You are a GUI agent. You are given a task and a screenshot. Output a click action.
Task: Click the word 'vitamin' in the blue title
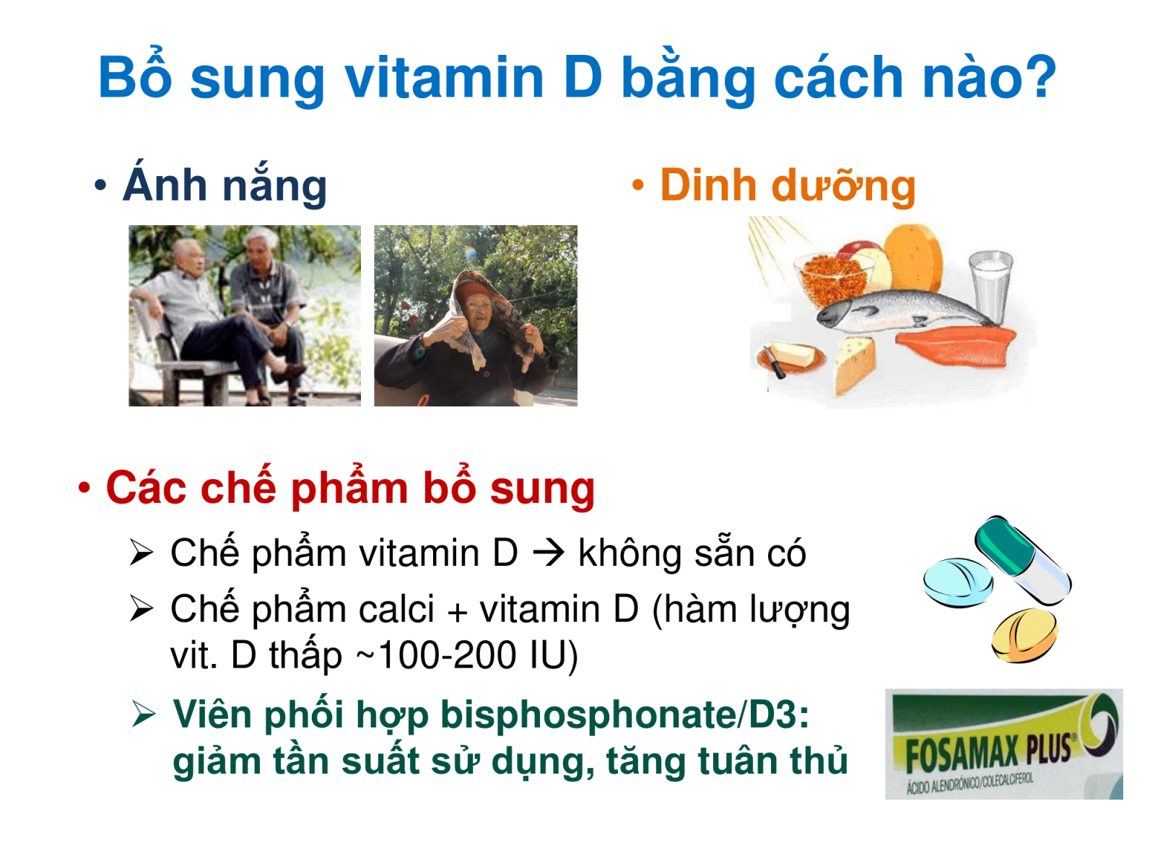coord(443,78)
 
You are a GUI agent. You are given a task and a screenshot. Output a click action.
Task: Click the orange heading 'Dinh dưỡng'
coord(788,185)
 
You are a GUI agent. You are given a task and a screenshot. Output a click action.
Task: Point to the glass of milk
coord(991,286)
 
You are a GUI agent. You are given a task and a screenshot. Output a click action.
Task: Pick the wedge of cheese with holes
coord(855,365)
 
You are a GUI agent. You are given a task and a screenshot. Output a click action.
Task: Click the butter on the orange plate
coord(792,354)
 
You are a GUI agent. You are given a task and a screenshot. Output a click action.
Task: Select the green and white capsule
coord(1022,559)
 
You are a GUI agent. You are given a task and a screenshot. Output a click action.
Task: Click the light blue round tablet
coord(958,582)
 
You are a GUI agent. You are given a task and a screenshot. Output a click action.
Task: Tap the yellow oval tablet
coord(1024,634)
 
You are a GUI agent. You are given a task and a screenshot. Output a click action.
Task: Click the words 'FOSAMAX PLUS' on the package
coord(988,752)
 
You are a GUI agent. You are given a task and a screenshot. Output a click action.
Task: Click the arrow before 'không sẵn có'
coord(549,553)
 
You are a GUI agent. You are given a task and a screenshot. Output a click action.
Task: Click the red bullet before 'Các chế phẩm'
coord(84,487)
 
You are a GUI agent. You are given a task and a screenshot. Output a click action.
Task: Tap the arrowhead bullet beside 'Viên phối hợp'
coord(144,714)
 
